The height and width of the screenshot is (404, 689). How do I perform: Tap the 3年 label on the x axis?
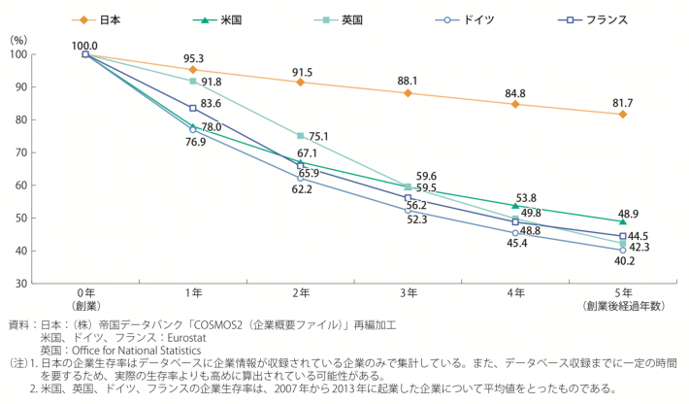408,294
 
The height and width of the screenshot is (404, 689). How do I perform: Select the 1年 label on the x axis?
192,294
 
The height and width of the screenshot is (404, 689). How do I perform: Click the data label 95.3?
193,58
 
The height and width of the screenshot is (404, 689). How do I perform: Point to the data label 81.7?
622,102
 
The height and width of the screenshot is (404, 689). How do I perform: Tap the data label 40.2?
622,261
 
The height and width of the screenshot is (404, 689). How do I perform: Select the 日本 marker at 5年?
622,115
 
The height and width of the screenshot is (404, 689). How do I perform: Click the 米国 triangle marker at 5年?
622,221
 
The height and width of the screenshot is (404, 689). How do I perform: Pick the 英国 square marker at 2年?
300,136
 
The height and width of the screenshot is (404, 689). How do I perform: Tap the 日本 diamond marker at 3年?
408,93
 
